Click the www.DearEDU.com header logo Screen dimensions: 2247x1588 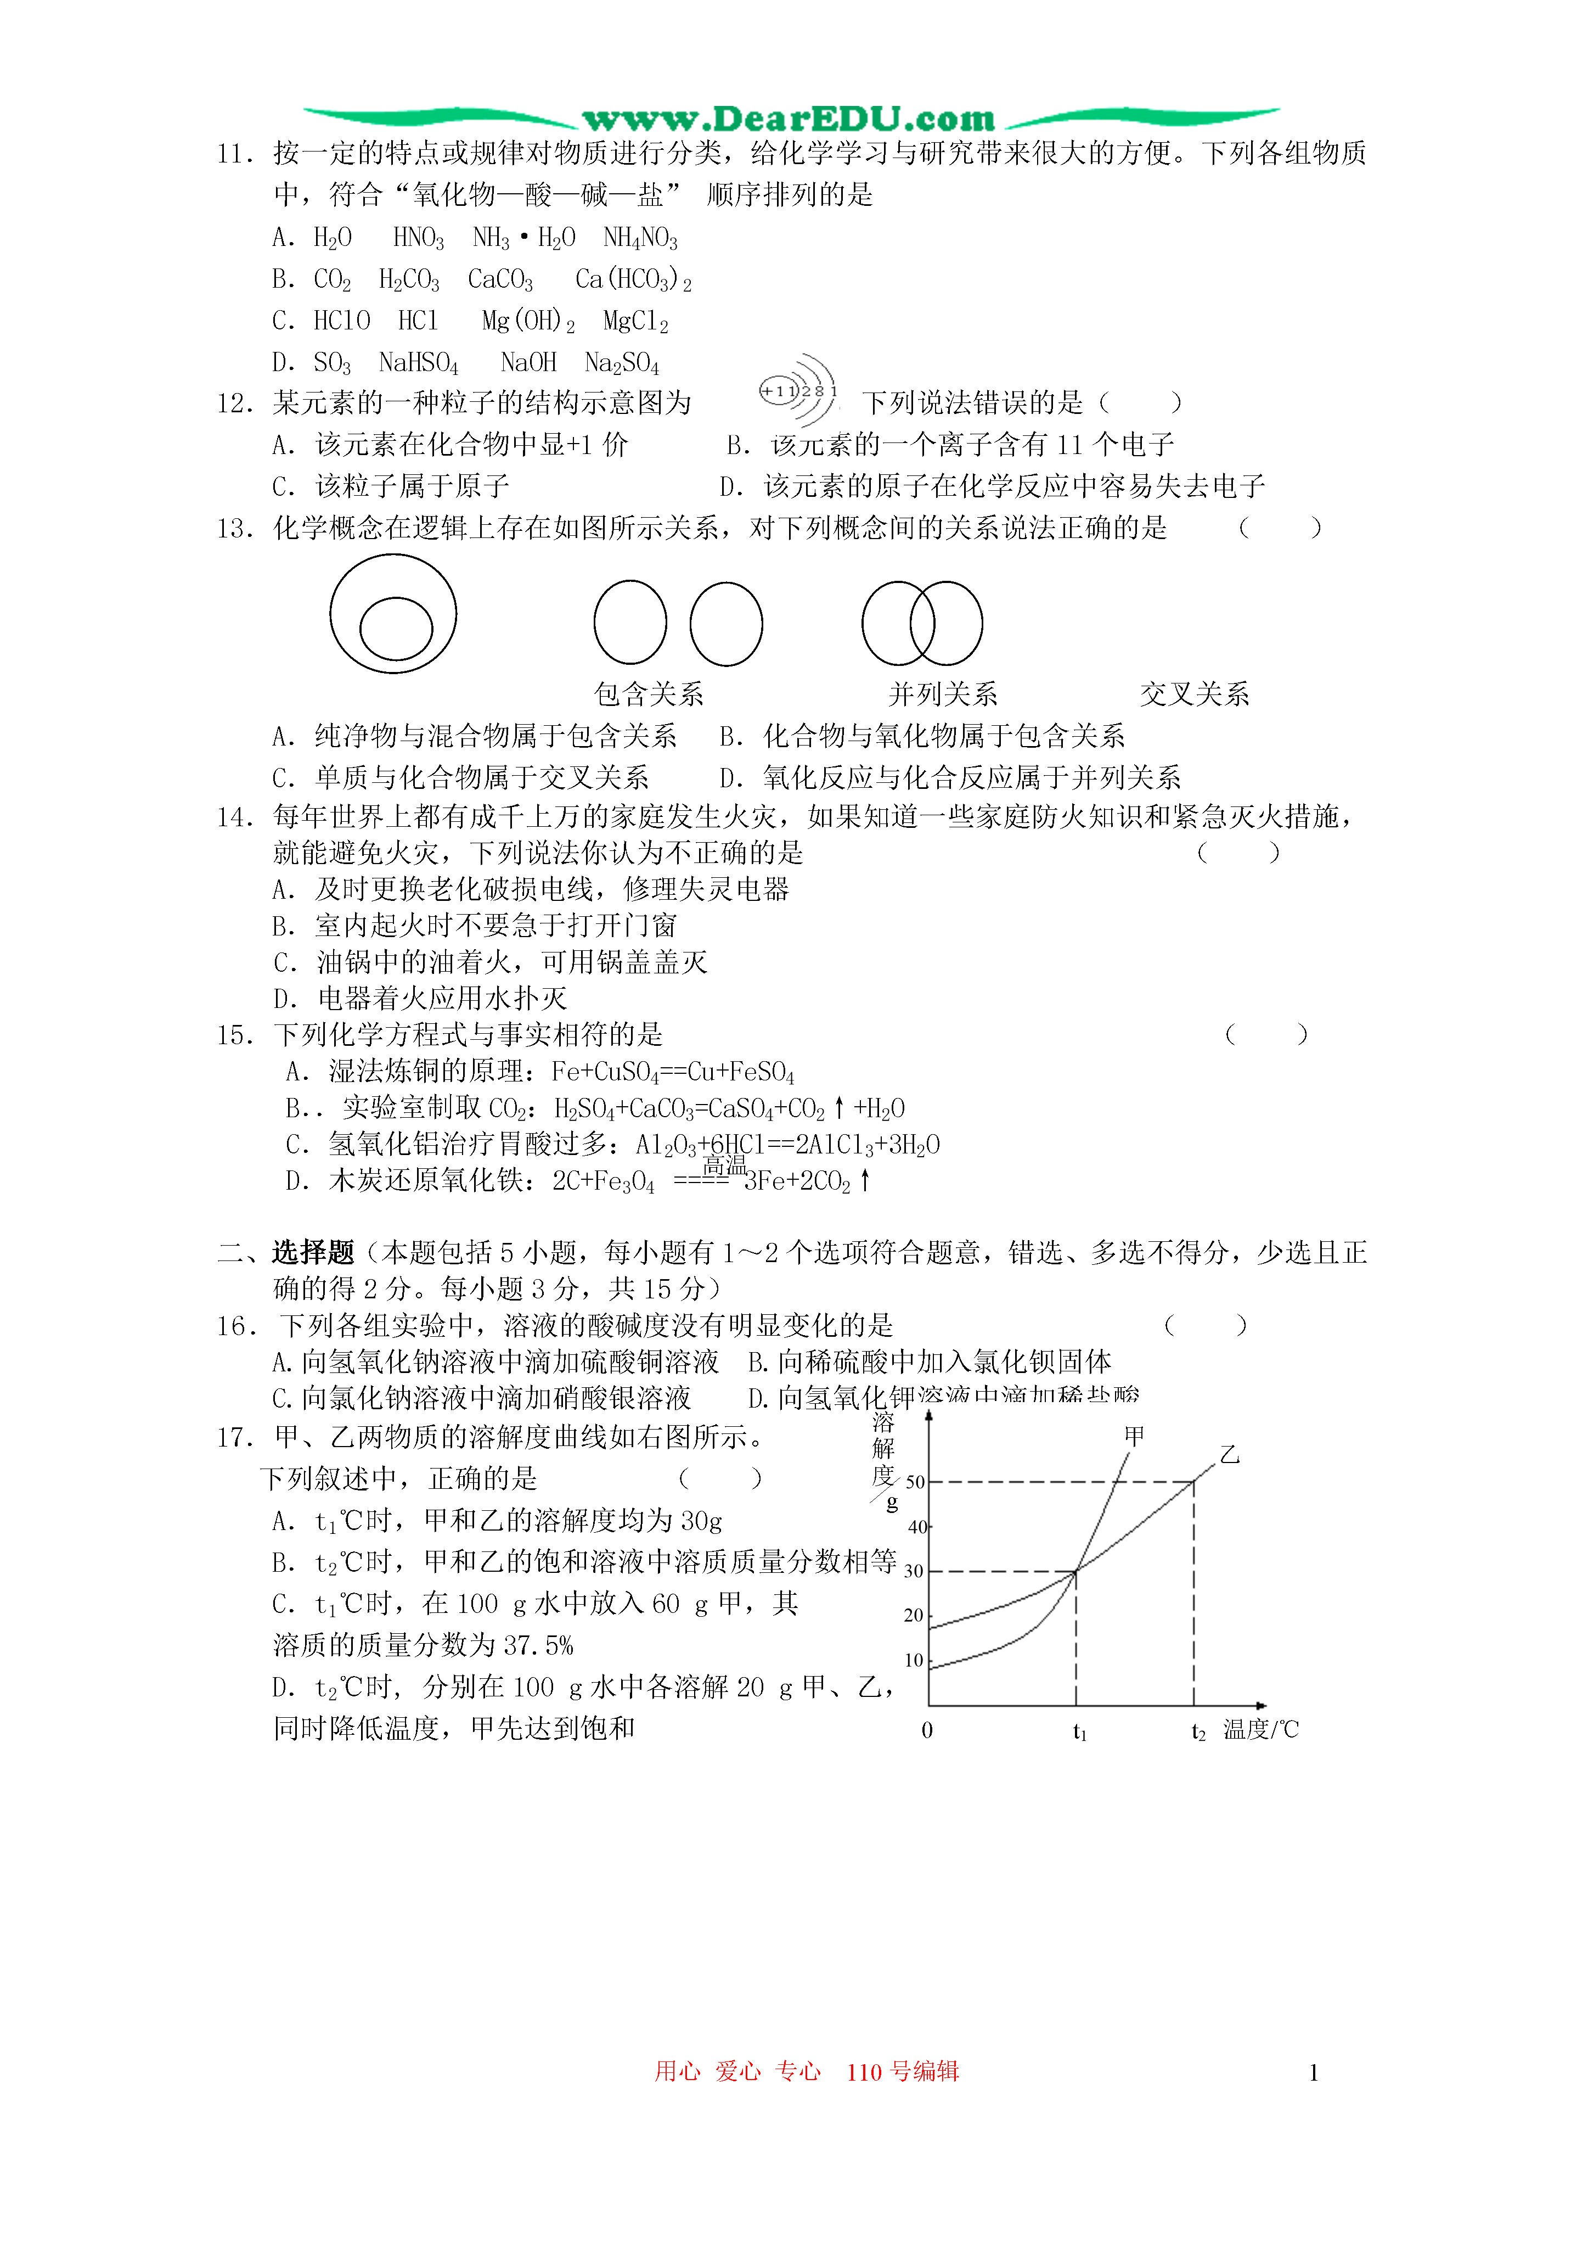[x=789, y=119]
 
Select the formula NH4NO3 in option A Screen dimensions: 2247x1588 [x=640, y=238]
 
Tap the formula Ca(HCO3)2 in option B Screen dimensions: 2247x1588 [x=633, y=280]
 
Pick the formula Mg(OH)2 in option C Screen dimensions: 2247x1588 [x=528, y=321]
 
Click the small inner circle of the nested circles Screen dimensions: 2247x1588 [x=396, y=628]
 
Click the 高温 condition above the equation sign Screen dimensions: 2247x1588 [x=724, y=1164]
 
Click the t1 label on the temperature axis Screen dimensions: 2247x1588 [x=1079, y=1732]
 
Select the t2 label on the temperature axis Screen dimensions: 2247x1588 [x=1198, y=1732]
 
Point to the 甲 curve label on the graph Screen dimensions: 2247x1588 [x=1134, y=1436]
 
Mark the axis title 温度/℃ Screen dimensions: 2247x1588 [x=1260, y=1729]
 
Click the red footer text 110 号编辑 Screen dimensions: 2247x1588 [x=902, y=2071]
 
